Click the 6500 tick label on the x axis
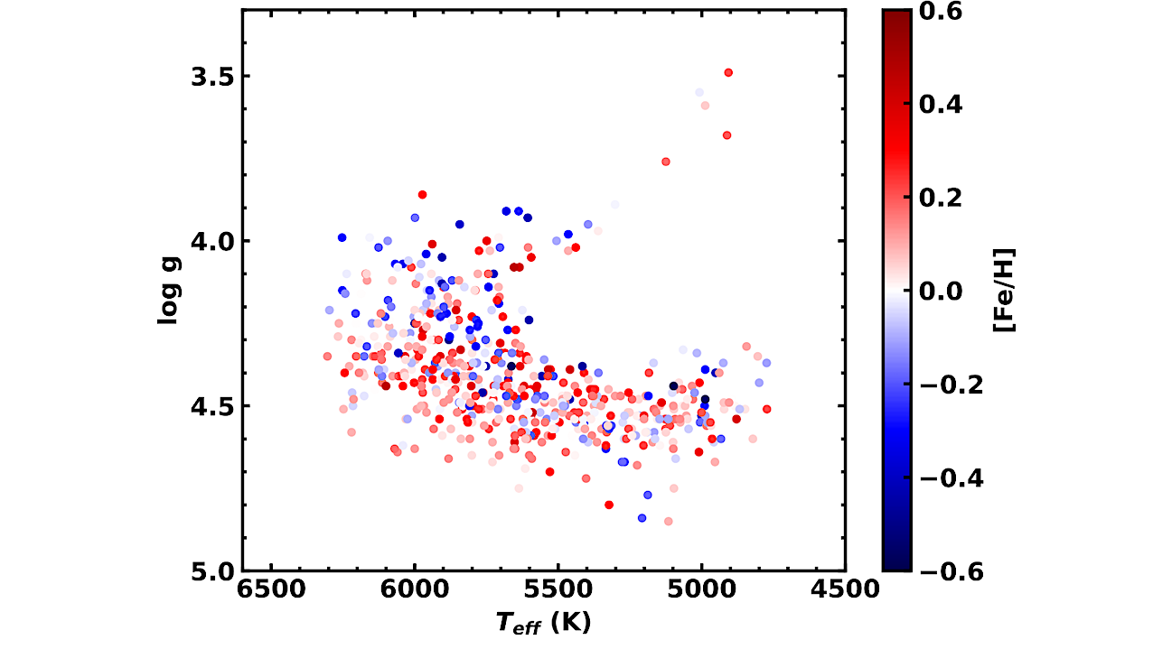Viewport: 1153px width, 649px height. [270, 589]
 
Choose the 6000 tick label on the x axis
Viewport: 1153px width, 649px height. [414, 589]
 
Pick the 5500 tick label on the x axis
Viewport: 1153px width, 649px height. [558, 589]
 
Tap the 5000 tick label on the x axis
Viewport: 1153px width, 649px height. [701, 589]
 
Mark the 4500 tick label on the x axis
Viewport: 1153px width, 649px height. [845, 589]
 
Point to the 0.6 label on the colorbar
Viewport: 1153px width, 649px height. [941, 12]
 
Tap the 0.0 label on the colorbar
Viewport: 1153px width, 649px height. [941, 291]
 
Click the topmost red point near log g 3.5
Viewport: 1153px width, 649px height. [727, 72]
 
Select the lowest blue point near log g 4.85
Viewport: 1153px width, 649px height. [642, 518]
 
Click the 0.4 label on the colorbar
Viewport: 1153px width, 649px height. [941, 105]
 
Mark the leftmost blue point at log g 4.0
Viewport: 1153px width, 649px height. [342, 237]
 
